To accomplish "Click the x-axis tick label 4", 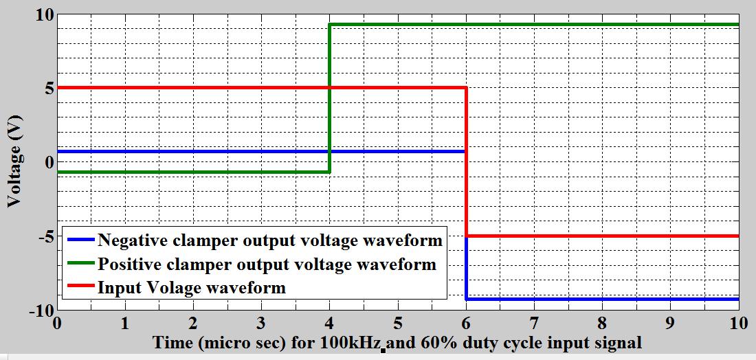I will coord(330,323).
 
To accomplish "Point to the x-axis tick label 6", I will coord(466,323).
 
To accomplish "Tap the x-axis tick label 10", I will coord(738,323).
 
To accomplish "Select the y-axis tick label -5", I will coord(44,237).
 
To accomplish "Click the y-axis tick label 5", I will coord(49,89).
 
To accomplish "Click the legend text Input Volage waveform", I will coord(191,287).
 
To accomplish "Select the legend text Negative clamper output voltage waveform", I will coord(270,240).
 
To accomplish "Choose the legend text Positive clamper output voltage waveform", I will coord(267,264).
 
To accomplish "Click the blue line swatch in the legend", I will coord(80,240).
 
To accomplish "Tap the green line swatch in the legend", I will coord(80,264).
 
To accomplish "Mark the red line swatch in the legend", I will coord(80,287).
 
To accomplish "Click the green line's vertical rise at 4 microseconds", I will coord(330,96).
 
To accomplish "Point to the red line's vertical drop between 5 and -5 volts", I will coord(467,161).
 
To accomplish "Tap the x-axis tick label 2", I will coord(193,323).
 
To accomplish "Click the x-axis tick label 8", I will coord(602,323).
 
